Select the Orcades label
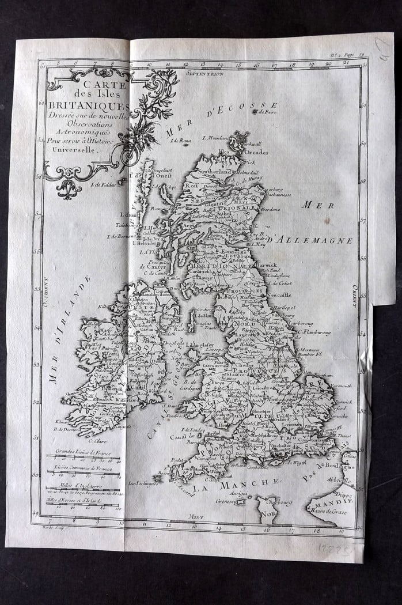256,152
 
